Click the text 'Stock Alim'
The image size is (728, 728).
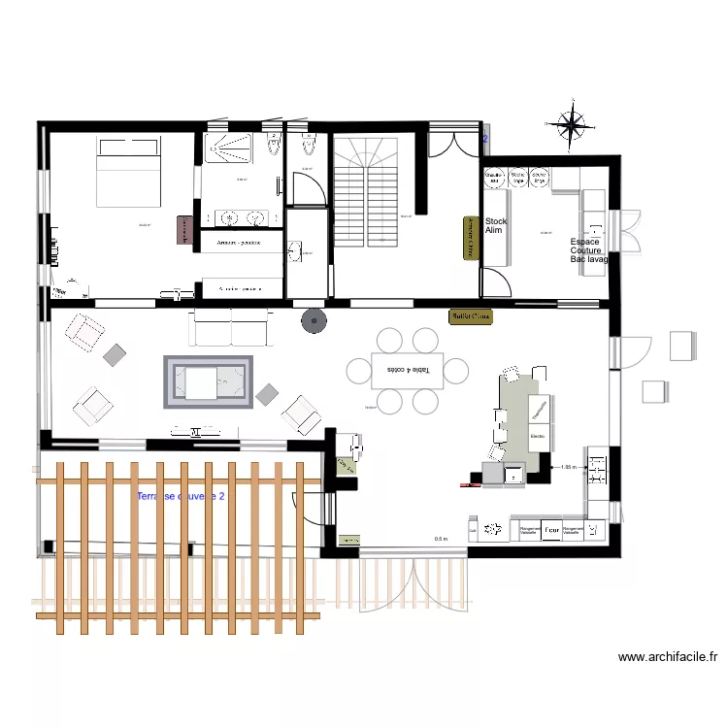click(x=495, y=226)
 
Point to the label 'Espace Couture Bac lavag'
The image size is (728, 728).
click(x=588, y=250)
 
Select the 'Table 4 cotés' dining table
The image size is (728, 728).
click(x=408, y=370)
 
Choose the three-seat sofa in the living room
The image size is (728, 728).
click(x=231, y=327)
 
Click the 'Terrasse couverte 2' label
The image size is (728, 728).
click(x=182, y=496)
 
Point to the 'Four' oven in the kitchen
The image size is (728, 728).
click(x=551, y=530)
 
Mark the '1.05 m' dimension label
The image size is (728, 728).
click(x=569, y=467)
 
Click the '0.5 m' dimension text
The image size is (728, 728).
click(x=441, y=540)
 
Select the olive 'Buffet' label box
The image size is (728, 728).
click(x=470, y=316)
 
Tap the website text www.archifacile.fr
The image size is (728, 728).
click(x=668, y=657)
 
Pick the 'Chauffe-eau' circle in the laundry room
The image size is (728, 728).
click(x=494, y=179)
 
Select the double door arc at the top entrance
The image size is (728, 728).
click(x=453, y=143)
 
